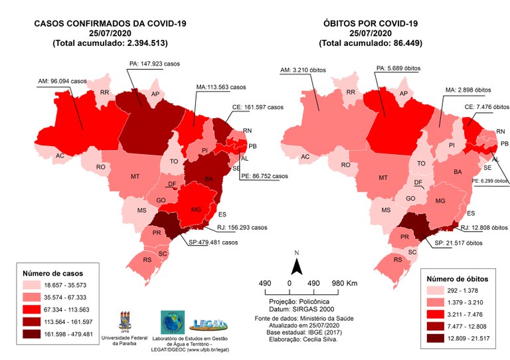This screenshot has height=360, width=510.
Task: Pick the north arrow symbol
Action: click(x=299, y=264)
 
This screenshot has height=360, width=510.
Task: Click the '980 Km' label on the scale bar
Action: click(x=344, y=284)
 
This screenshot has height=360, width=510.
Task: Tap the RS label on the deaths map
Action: click(x=398, y=260)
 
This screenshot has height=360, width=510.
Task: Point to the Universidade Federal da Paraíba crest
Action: click(x=125, y=321)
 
